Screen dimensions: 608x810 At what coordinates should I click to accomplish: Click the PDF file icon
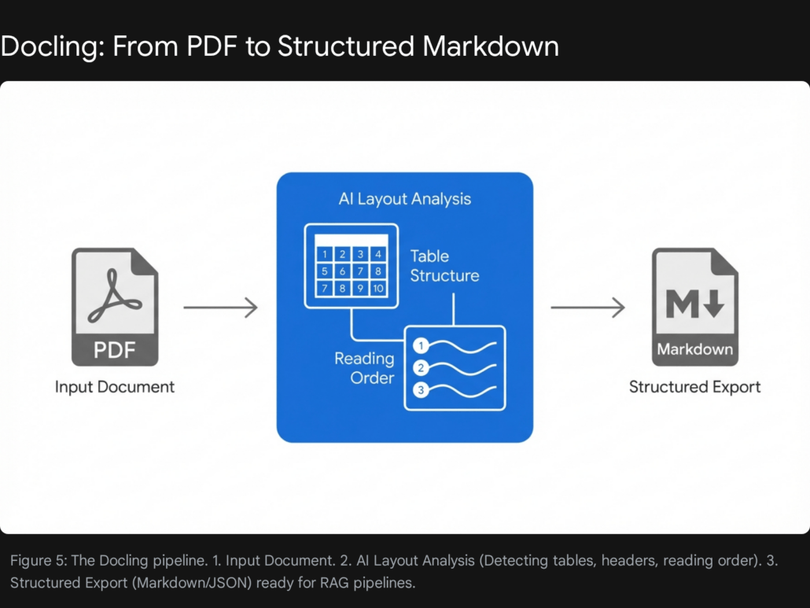(115, 307)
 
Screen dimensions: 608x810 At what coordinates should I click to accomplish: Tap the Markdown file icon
(694, 307)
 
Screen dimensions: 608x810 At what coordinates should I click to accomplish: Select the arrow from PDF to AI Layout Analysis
(220, 308)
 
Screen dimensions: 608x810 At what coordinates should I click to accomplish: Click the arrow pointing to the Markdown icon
(587, 308)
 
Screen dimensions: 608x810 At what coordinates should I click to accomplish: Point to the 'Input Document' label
(115, 386)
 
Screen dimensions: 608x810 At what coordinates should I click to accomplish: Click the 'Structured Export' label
(694, 386)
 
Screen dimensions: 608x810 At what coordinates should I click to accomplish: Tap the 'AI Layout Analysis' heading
(404, 198)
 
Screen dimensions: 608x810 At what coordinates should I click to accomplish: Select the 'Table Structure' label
(444, 266)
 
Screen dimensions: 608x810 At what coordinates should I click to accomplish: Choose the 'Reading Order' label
(364, 368)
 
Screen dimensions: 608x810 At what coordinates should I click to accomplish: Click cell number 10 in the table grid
(378, 289)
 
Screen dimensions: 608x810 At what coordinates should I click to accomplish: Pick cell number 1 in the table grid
(325, 254)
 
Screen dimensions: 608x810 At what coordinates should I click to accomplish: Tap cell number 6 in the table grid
(343, 271)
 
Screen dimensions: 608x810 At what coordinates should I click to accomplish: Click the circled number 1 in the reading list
(422, 345)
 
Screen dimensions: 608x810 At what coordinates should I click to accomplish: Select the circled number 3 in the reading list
(422, 389)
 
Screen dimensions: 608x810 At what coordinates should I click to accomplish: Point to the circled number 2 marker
(422, 367)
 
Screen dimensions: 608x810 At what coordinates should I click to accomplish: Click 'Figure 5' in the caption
(39, 561)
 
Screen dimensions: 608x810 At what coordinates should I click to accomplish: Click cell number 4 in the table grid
(378, 254)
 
